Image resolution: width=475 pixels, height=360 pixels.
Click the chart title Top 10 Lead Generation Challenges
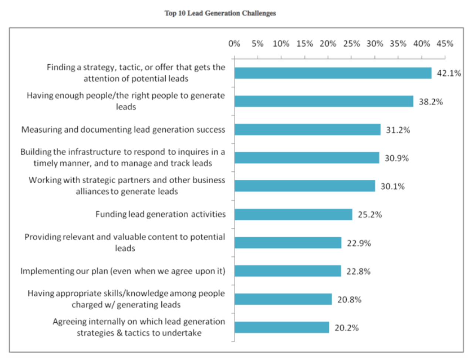coord(220,13)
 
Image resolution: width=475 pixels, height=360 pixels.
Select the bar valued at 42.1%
coord(333,73)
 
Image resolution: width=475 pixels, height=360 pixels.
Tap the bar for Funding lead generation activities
coord(293,214)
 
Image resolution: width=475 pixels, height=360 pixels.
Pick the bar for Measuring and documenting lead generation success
coord(307,130)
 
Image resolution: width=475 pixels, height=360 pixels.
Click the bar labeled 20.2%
coord(282,327)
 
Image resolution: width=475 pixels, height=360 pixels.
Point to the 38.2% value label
coord(431,102)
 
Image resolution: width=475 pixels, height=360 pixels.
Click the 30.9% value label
coord(397,158)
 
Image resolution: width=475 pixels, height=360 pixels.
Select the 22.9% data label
coord(358,243)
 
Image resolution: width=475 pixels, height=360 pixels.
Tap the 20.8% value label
coord(349,300)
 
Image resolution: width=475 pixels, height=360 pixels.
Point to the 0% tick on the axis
coord(234,44)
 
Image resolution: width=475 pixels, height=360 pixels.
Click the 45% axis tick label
coord(445,44)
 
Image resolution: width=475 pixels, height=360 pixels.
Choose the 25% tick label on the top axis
coord(351,44)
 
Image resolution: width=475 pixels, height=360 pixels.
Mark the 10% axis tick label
coord(281,44)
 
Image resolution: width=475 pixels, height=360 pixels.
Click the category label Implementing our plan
coord(122,271)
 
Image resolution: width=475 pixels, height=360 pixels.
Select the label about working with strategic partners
coord(127,186)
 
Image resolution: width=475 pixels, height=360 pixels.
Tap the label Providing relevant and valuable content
coord(125,242)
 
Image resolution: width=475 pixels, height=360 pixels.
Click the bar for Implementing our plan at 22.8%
coord(287,271)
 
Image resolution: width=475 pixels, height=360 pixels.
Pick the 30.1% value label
coord(393,186)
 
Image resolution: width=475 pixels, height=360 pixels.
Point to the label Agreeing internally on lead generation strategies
coord(139,327)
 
